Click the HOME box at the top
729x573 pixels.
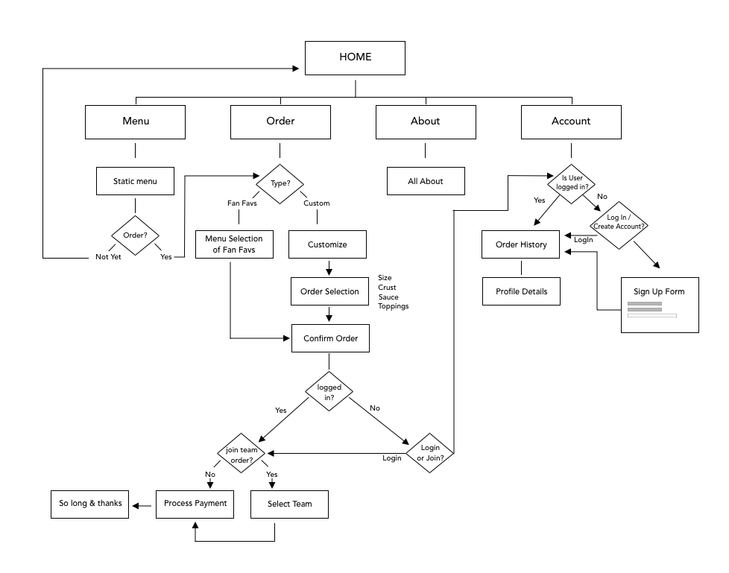tap(355, 57)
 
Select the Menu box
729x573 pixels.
tap(135, 121)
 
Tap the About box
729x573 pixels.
tap(425, 121)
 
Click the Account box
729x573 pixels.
tap(570, 121)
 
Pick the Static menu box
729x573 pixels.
tap(135, 181)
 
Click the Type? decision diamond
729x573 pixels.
tap(280, 182)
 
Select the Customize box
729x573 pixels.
tap(328, 244)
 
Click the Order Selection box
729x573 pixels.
tap(329, 291)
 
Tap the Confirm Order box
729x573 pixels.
tap(329, 338)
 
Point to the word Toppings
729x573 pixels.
tap(393, 307)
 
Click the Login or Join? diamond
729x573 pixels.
tap(430, 452)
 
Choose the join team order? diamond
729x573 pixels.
tap(241, 455)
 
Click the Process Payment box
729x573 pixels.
tap(195, 504)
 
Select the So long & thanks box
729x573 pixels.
tap(89, 504)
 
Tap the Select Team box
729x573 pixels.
tap(289, 504)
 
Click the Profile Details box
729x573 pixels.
tap(520, 291)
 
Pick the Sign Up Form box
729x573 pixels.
tap(659, 305)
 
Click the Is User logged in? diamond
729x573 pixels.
tap(572, 183)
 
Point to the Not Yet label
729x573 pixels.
tap(108, 257)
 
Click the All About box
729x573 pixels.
tap(425, 181)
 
